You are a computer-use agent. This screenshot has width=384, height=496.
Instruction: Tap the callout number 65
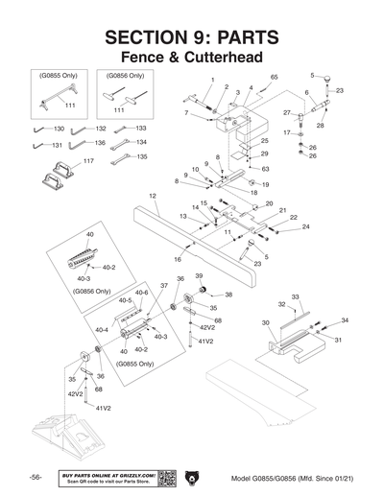click(274, 76)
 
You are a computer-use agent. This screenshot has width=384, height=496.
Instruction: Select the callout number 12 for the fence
click(153, 196)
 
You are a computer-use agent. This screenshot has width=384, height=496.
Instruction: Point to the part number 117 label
click(62, 160)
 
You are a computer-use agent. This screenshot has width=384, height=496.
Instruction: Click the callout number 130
click(59, 129)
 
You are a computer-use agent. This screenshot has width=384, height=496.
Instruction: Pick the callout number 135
click(141, 156)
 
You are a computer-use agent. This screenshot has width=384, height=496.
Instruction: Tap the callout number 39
click(200, 275)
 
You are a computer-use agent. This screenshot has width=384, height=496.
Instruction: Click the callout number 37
click(163, 286)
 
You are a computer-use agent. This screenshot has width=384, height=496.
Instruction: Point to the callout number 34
click(345, 319)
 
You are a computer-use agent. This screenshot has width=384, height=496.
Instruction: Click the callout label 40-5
click(124, 300)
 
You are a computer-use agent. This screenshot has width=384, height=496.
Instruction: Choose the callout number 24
click(278, 227)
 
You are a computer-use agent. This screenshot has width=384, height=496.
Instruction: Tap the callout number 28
click(320, 126)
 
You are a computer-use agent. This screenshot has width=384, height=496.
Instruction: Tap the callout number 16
click(178, 259)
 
